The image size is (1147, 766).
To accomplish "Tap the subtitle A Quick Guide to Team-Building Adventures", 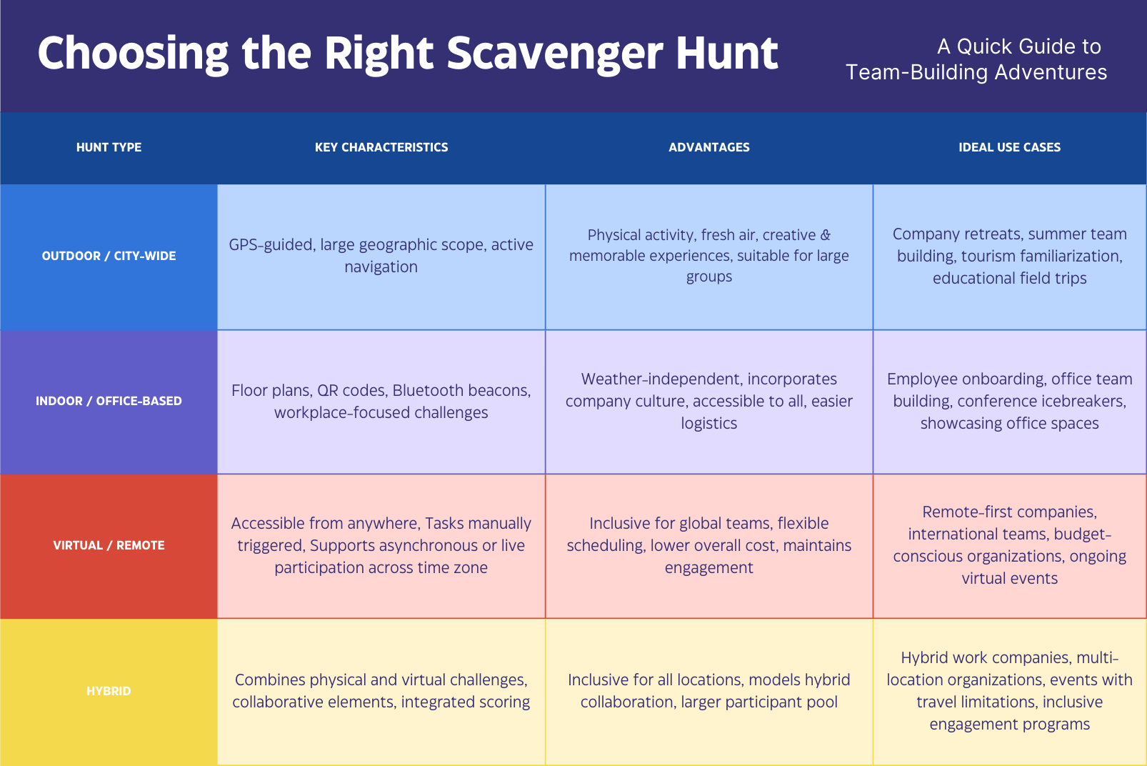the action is coord(976,59).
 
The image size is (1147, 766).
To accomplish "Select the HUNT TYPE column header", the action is coord(109,148).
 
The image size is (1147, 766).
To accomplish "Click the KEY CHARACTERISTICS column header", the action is coord(381,148).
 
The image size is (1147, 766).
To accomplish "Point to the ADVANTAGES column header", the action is coord(709,148).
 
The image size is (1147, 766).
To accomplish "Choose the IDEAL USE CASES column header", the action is coord(1010,148).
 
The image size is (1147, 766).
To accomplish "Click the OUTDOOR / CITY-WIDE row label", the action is coord(109,257).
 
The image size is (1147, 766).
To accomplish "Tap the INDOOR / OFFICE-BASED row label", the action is coord(109,401).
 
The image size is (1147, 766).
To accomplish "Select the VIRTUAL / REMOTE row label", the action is coord(109,546).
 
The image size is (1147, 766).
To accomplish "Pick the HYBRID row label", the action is coord(109,691).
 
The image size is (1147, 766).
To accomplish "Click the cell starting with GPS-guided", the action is coord(381,256).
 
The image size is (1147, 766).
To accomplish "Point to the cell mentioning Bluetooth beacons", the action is coord(381,401).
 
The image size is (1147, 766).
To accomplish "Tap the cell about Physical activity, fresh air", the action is coord(709,256).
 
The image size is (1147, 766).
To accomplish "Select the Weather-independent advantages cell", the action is coord(709,401).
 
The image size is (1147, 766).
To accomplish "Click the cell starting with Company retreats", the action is coord(1010,256).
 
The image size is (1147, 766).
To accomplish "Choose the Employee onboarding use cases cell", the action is coord(1010,401).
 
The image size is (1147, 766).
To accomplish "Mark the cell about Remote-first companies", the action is coord(1010,545).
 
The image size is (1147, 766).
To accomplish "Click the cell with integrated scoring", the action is coord(381,691).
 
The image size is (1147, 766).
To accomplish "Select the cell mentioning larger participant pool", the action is coord(709,691).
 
